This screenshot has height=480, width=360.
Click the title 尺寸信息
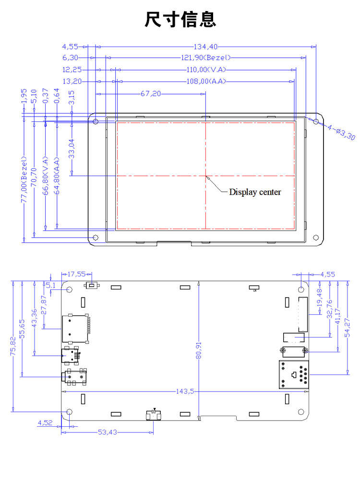click(180, 19)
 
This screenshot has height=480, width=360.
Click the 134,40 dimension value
click(205, 47)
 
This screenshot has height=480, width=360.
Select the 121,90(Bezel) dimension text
click(206, 58)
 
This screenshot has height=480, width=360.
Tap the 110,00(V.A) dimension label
click(206, 70)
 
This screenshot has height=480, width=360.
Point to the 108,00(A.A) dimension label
click(206, 82)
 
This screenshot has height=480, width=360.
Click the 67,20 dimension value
click(151, 94)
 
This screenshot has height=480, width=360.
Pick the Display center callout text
click(255, 192)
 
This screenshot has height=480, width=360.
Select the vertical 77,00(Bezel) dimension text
click(24, 180)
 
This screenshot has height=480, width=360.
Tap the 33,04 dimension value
click(72, 149)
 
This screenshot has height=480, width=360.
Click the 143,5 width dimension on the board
click(185, 391)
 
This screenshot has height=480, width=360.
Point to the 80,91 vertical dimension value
click(199, 350)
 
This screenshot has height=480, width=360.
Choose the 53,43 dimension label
click(108, 432)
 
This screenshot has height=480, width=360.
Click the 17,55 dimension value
click(76, 274)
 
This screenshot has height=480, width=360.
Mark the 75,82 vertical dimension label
click(13, 346)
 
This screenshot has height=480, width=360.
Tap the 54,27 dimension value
click(347, 327)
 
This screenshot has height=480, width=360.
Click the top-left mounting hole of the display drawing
click(96, 121)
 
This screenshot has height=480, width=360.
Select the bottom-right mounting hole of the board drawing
click(301, 412)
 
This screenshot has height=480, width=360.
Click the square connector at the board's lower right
click(294, 375)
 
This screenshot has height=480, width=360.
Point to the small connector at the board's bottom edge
click(154, 415)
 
